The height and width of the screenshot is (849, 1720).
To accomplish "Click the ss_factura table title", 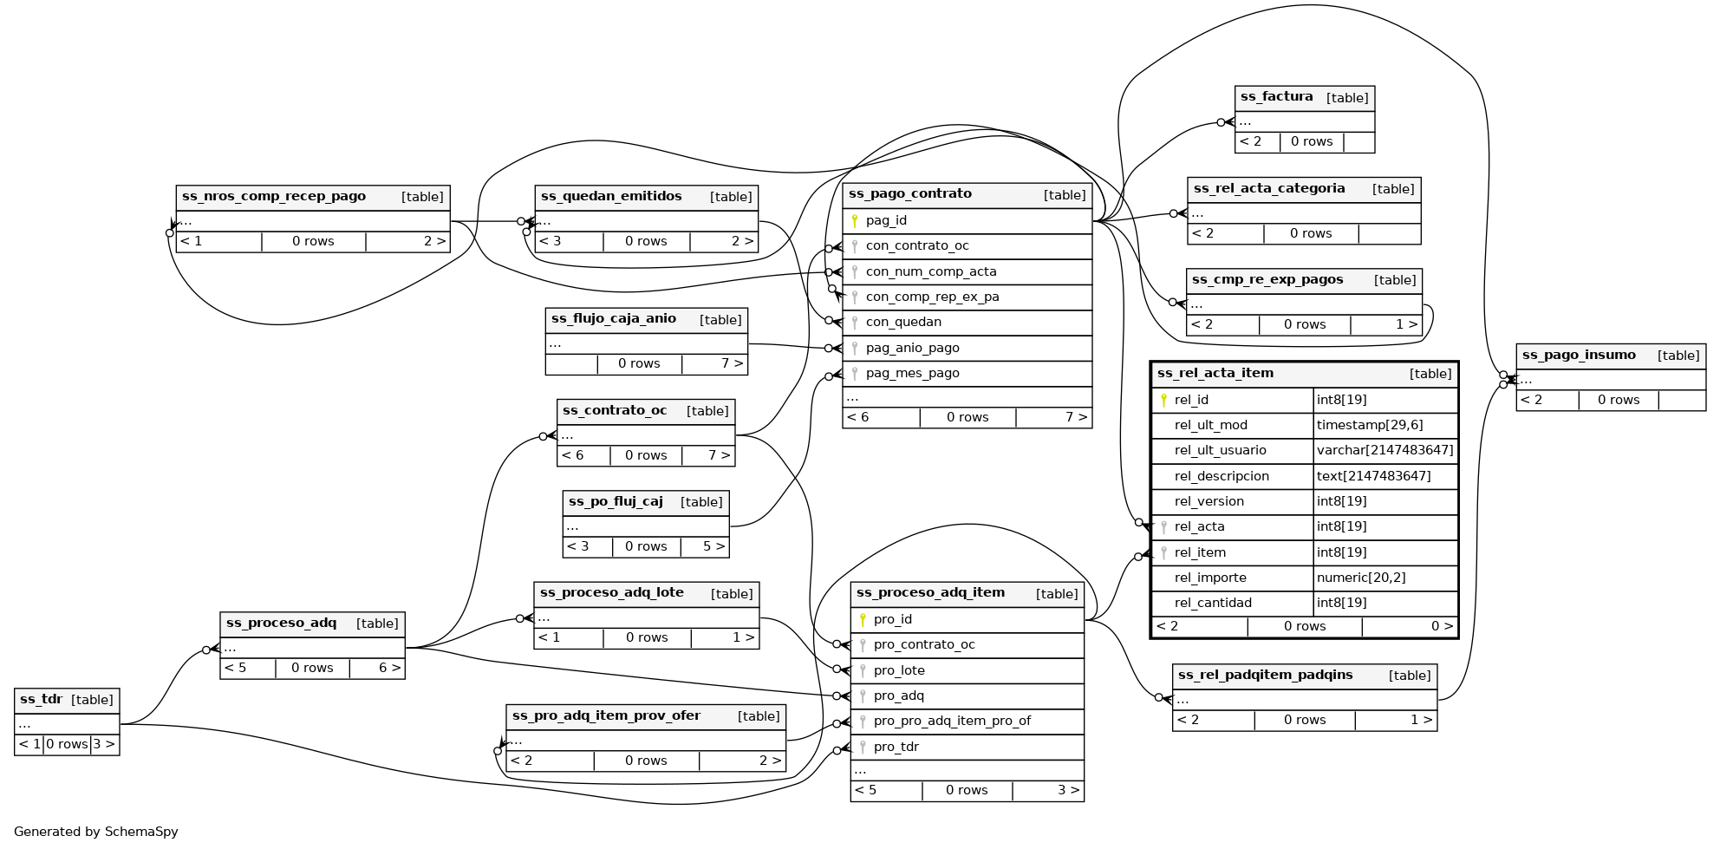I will (1276, 97).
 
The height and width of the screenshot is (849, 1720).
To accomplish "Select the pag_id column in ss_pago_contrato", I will (886, 221).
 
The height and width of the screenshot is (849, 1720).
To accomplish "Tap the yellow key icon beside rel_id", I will (1163, 400).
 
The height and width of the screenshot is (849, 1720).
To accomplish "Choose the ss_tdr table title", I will (41, 700).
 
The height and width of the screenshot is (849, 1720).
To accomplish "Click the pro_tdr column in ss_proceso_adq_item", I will (896, 747).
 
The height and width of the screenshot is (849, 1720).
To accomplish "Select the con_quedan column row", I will (902, 323).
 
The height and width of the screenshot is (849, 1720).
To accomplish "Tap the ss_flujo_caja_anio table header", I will (614, 319).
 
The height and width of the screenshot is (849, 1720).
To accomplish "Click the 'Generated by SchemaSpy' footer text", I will (96, 832).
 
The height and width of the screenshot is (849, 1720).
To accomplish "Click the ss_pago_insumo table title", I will (1579, 356).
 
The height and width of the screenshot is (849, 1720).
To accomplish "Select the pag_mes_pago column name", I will (912, 373).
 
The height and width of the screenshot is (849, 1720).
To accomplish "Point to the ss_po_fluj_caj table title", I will (616, 502).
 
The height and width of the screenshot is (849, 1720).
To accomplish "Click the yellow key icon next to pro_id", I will (863, 619).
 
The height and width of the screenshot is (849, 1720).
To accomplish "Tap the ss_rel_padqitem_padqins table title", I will (1265, 676).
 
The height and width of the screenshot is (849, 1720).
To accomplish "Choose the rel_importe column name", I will (1209, 578).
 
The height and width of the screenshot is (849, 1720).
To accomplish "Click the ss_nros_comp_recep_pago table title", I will (274, 197).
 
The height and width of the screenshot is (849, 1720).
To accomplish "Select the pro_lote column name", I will (899, 670).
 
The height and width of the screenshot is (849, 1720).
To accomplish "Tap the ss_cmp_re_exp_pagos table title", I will (1267, 280).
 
